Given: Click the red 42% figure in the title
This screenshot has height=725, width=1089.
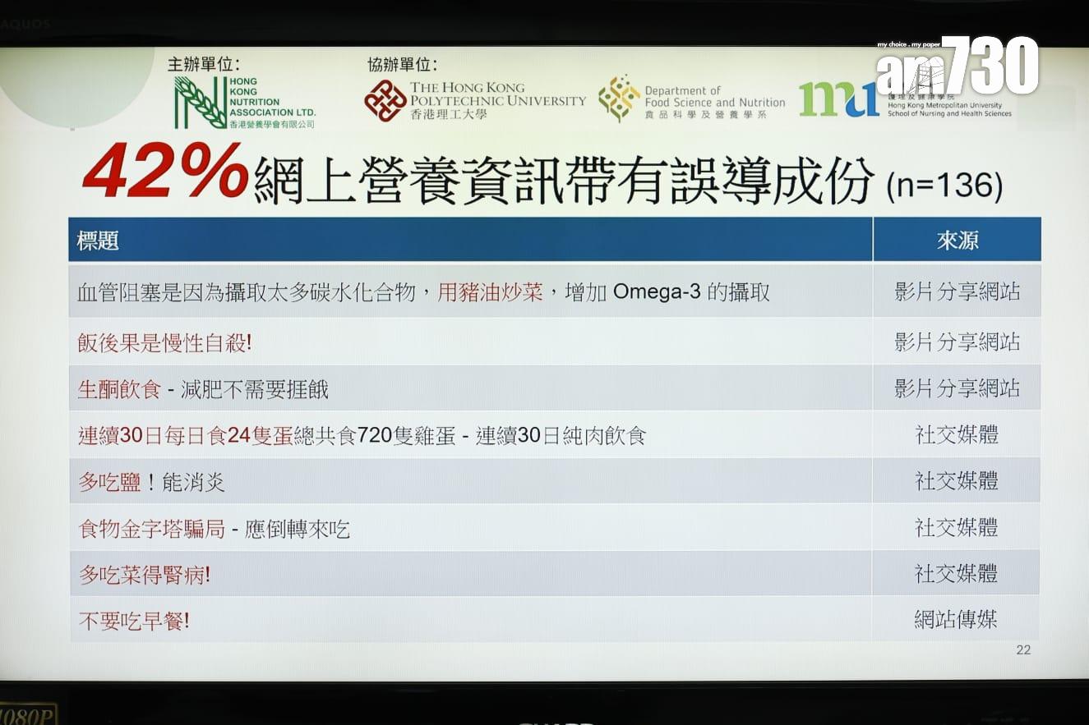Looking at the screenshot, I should tap(165, 171).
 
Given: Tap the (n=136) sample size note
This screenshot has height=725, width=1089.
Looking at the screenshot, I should tap(944, 186).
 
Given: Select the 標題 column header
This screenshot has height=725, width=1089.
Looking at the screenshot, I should tap(98, 241).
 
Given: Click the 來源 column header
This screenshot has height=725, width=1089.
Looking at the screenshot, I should tap(957, 241).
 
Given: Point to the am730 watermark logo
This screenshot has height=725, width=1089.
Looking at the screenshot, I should tap(957, 66).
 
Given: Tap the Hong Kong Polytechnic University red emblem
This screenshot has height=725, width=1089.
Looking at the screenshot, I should tap(385, 101).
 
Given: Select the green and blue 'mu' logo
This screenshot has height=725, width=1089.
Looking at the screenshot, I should tap(838, 99).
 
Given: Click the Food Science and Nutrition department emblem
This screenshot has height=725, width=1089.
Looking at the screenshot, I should tap(619, 99).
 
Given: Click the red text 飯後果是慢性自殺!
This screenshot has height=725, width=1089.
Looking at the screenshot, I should tap(164, 343).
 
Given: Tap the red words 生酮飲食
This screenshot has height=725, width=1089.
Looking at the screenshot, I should tap(119, 389).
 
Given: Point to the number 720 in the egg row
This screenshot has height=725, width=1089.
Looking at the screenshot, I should tap(374, 436).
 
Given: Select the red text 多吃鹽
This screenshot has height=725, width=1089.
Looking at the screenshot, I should tap(110, 482).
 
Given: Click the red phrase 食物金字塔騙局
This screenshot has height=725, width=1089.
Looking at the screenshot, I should tap(151, 529).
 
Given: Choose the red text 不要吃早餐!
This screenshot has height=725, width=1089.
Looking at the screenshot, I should tap(134, 621).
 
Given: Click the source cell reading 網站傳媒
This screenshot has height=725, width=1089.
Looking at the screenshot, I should tap(956, 619).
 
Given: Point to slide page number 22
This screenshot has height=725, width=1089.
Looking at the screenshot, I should tap(1023, 649).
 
